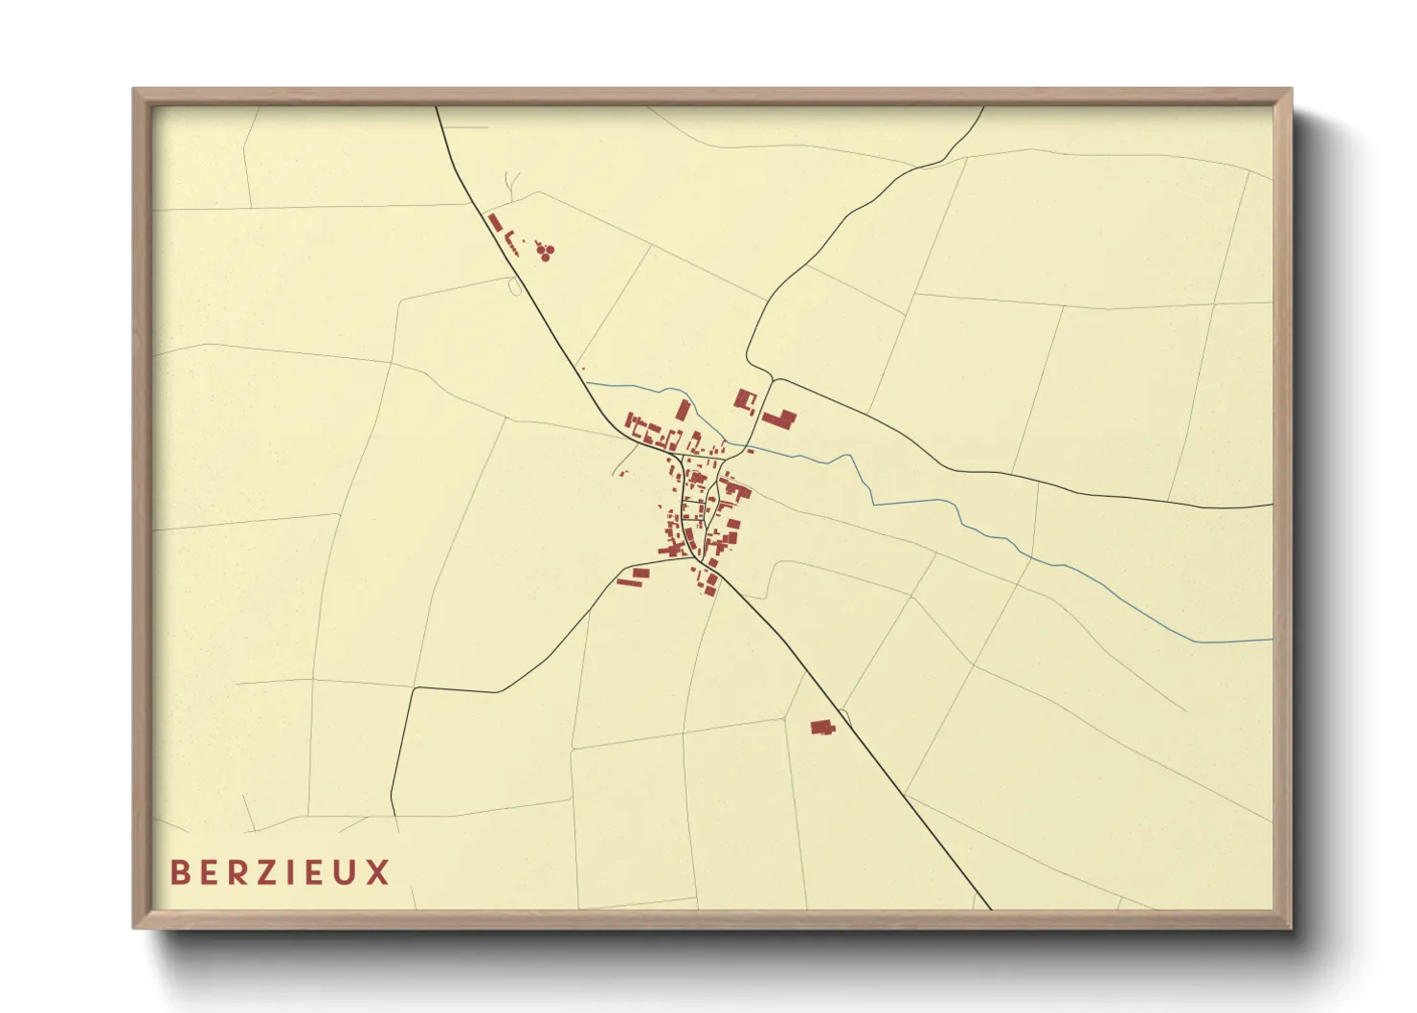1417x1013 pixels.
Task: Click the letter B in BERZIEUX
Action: (x=180, y=872)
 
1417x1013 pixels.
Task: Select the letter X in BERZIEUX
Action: (x=377, y=872)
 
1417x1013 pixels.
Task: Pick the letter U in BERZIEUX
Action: (x=346, y=872)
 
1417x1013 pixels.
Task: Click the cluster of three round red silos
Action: (x=545, y=252)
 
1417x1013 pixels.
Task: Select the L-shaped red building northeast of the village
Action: (x=779, y=418)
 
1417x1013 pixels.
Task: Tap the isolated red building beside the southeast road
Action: (x=821, y=729)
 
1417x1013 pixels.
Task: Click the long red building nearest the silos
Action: (x=495, y=223)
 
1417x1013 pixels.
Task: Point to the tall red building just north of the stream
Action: (x=683, y=411)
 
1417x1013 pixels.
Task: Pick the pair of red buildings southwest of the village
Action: (x=633, y=576)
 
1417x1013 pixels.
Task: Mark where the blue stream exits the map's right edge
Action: (x=1271, y=640)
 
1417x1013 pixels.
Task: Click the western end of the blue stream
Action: (x=587, y=383)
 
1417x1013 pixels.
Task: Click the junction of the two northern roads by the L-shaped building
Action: (x=772, y=379)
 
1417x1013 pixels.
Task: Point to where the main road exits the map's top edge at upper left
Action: (x=437, y=107)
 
